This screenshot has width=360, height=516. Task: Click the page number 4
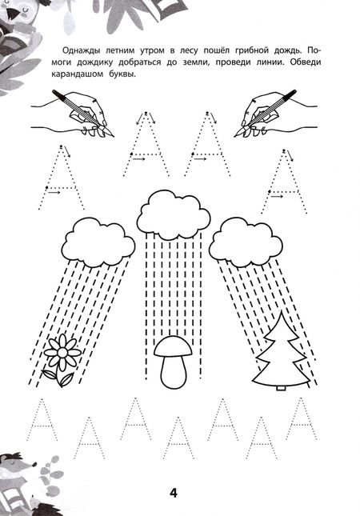coord(174,493)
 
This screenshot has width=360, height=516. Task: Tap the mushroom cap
coord(173,346)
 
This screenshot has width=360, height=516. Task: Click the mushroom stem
coord(174,371)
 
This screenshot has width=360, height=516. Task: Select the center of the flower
coord(62,353)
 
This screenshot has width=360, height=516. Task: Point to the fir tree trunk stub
coord(281,388)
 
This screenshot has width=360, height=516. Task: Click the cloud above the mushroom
coord(174,215)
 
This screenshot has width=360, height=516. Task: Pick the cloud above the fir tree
coord(246,243)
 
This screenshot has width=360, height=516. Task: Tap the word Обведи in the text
coord(306,62)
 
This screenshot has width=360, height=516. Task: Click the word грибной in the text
coord(251,51)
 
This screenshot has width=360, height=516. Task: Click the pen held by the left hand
coord(83,113)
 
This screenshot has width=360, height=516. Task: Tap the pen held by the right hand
coord(265,113)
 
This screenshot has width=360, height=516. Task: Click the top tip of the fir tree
coord(282,311)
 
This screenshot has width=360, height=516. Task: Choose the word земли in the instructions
coord(195,63)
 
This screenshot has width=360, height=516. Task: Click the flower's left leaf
coord(50,374)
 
